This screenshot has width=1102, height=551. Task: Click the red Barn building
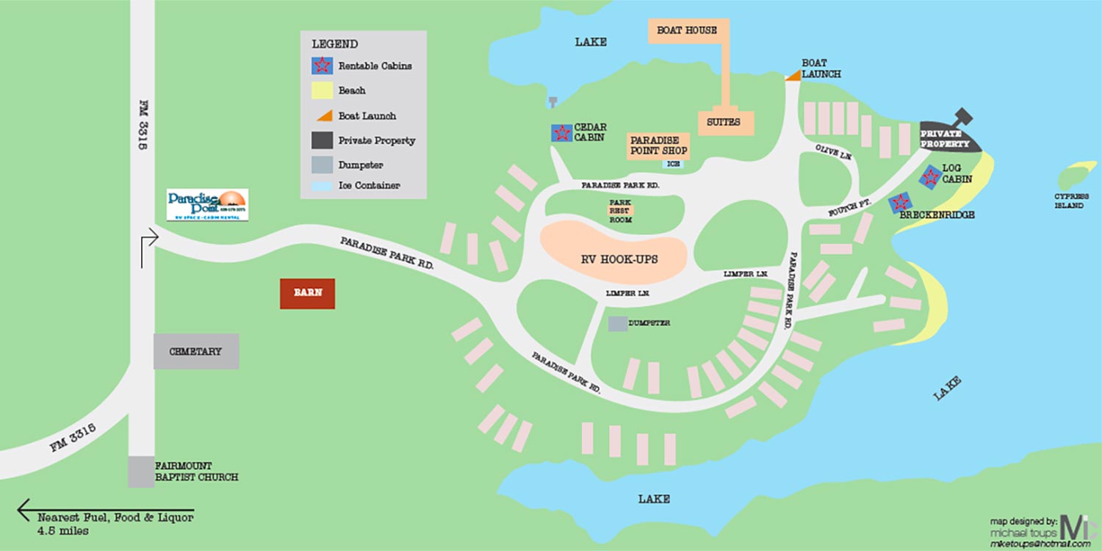pyautogui.click(x=307, y=293)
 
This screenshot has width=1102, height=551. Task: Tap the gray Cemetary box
pyautogui.click(x=195, y=351)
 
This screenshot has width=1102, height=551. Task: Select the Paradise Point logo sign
pyautogui.click(x=207, y=205)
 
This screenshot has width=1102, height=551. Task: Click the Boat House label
pyautogui.click(x=688, y=31)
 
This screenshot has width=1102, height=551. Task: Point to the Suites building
pyautogui.click(x=726, y=122)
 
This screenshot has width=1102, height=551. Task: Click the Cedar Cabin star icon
pyautogui.click(x=562, y=133)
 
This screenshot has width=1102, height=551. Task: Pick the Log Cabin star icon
pyautogui.click(x=931, y=176)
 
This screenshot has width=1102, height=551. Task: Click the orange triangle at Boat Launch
pyautogui.click(x=793, y=76)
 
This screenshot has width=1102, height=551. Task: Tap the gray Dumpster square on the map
pyautogui.click(x=618, y=323)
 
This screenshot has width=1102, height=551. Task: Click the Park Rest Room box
pyautogui.click(x=619, y=210)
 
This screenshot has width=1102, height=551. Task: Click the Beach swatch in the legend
pyautogui.click(x=322, y=90)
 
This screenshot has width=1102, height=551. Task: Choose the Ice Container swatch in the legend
pyautogui.click(x=322, y=186)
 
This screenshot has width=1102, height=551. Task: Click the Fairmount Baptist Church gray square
pyautogui.click(x=141, y=472)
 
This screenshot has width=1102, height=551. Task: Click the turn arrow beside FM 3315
pyautogui.click(x=149, y=246)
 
